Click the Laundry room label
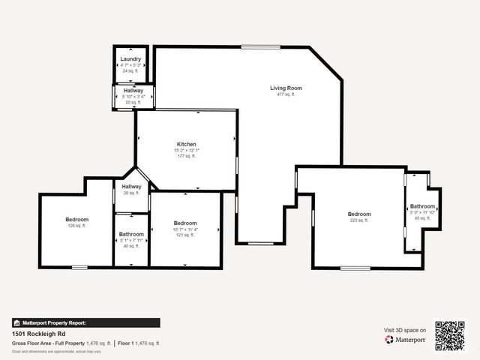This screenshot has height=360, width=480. (131, 59)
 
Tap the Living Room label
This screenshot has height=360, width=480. (286, 88)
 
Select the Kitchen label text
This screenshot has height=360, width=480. (186, 144)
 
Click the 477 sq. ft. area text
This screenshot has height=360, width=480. (286, 94)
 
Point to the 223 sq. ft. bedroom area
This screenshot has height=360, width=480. (358, 220)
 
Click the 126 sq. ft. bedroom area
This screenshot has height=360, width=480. (77, 226)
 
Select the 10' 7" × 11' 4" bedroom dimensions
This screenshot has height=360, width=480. (185, 229)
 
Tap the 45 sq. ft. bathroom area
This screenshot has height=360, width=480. (422, 218)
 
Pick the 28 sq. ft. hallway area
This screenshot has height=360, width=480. (131, 193)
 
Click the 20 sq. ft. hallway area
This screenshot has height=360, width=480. (133, 102)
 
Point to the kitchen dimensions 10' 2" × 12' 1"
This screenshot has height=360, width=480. (186, 150)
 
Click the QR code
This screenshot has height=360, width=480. (450, 335)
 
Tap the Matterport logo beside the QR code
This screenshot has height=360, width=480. (405, 340)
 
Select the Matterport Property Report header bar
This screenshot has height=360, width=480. (85, 323)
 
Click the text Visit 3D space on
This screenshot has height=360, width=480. (405, 330)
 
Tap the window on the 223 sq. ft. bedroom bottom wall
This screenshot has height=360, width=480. (355, 268)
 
